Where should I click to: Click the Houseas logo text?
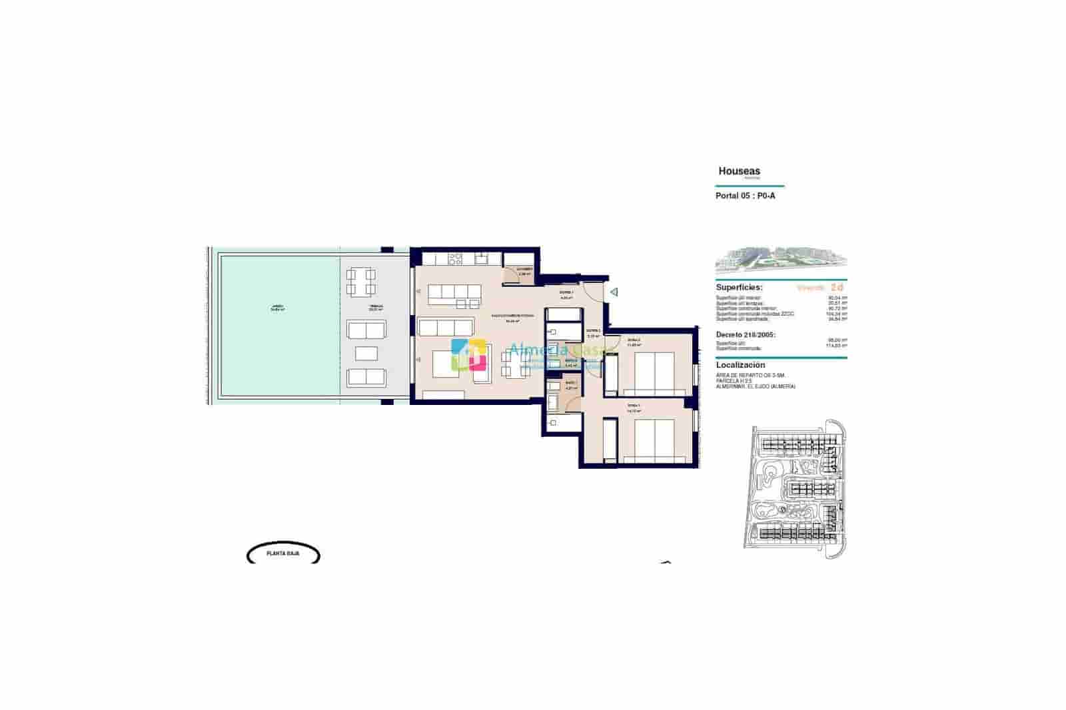click(739, 171)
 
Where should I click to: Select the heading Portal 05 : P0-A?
click(745, 196)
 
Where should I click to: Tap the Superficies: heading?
click(739, 287)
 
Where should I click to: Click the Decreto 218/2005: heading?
click(746, 335)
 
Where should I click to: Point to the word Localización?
click(740, 365)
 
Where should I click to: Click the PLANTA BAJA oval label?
click(283, 553)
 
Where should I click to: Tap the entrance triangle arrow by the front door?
click(614, 292)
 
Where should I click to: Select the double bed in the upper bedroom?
click(653, 372)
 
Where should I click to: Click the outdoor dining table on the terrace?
click(360, 282)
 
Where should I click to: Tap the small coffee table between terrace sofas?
click(366, 353)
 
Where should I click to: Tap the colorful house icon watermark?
click(469, 354)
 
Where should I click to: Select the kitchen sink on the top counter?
click(480, 258)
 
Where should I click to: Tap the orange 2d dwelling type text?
click(837, 287)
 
